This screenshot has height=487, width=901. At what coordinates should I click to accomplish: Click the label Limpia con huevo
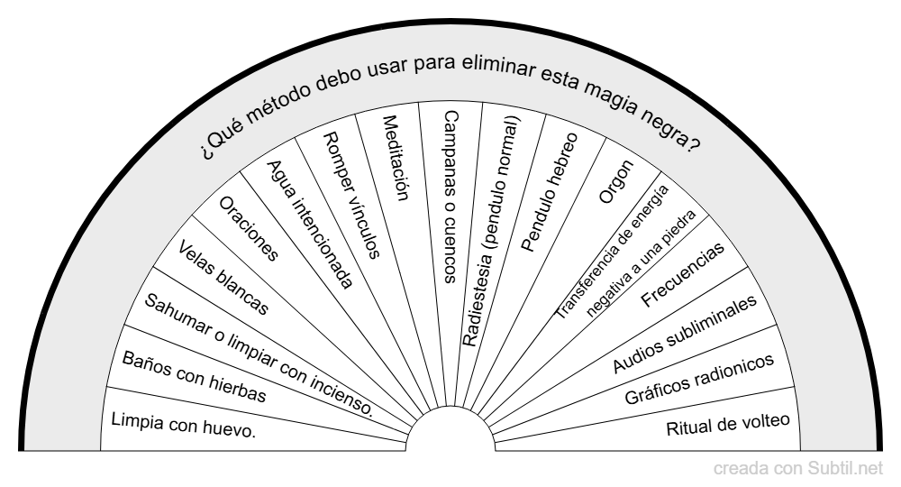[183, 425]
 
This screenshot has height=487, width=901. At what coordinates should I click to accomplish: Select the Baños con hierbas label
[195, 377]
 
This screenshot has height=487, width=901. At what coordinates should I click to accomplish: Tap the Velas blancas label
[223, 278]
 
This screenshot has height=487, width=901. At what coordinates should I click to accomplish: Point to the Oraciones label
[249, 228]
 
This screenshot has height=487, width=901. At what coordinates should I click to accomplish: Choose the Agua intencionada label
[310, 224]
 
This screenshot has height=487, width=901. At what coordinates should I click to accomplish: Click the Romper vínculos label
[351, 195]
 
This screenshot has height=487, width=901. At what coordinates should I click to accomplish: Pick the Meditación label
[396, 158]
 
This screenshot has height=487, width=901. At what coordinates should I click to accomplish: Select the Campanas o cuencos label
[451, 197]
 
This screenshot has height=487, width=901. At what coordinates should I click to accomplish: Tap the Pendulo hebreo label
[549, 192]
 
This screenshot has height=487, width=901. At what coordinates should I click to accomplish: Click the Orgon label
[616, 181]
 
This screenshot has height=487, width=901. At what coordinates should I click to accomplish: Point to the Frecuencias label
[683, 275]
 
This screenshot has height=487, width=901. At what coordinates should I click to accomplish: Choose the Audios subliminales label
[685, 334]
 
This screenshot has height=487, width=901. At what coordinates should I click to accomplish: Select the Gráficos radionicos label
[699, 379]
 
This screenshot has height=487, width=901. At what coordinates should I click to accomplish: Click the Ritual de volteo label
[728, 425]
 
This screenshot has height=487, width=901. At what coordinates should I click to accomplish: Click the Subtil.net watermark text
[845, 469]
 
